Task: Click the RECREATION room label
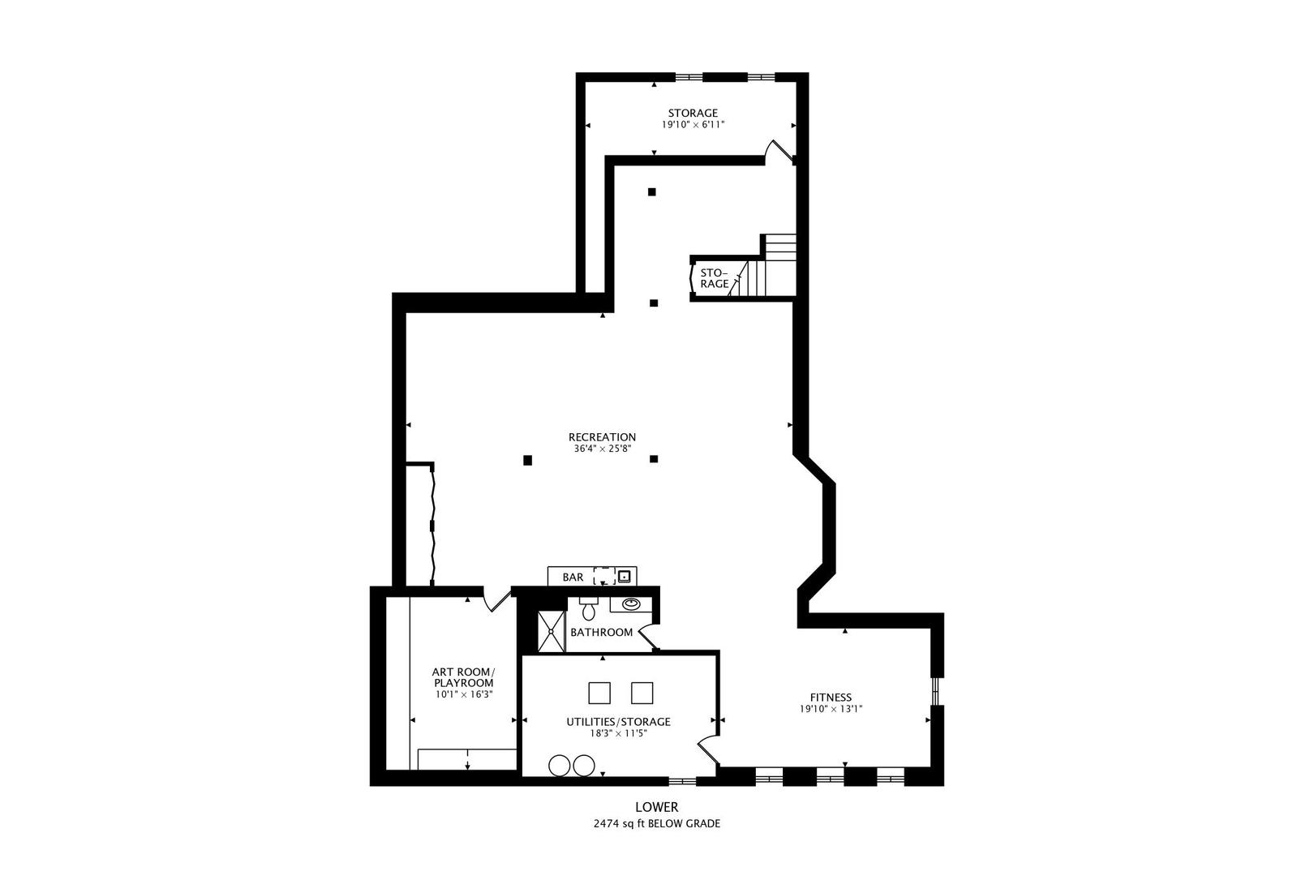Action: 602,437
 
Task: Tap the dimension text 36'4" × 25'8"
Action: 602,449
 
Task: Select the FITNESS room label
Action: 831,697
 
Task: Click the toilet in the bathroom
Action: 588,609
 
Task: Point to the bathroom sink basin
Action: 630,604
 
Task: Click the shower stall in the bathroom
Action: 552,631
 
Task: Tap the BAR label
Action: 573,578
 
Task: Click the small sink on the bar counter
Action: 625,577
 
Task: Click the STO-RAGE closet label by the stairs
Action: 714,278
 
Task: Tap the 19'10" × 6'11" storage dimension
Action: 693,125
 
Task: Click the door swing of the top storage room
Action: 779,152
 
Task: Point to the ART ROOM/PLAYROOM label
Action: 462,677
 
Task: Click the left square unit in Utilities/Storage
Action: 599,693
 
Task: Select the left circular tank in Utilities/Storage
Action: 559,765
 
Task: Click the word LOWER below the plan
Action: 656,807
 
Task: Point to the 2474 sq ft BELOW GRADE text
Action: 656,823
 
